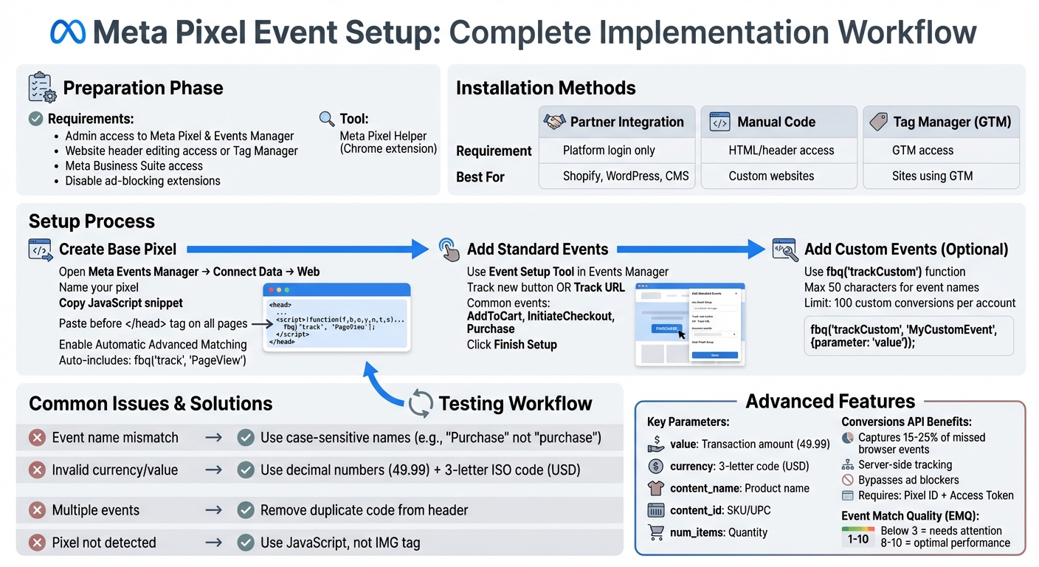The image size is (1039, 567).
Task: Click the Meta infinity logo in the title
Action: tap(67, 32)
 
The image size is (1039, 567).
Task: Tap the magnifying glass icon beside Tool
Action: tap(326, 118)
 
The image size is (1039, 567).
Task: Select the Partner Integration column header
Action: tap(617, 122)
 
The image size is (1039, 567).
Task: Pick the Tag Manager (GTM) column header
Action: tap(941, 122)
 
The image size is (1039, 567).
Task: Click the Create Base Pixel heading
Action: tap(117, 250)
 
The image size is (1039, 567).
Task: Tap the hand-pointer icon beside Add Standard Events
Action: tap(449, 249)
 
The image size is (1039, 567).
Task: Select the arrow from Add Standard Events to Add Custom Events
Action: tap(691, 250)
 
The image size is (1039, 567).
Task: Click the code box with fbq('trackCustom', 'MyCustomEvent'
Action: tap(908, 336)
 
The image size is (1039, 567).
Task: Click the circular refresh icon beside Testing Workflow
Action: tap(421, 404)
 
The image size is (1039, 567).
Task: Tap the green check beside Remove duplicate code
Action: tap(246, 510)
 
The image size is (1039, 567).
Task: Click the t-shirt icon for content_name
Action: tap(655, 488)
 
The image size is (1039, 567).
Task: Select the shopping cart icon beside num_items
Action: tap(655, 532)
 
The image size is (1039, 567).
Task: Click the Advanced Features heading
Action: tap(830, 401)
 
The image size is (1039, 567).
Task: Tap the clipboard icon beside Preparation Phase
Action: tap(41, 87)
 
